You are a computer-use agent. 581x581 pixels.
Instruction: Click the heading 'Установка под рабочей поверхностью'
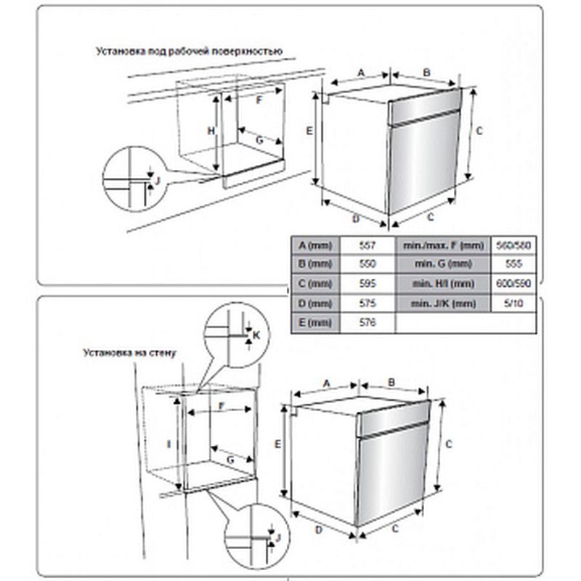pos(187,52)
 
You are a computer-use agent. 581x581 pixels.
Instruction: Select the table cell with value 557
pos(370,245)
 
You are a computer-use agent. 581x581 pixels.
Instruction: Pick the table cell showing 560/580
pos(516,245)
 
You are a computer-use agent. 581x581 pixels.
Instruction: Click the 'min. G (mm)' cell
pos(442,264)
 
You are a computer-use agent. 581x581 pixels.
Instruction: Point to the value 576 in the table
pos(370,323)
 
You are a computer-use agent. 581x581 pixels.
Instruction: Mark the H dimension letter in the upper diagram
pos(210,131)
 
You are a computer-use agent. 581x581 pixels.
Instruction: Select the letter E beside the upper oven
pos(309,131)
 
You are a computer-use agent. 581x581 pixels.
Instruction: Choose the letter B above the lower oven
pos(391,381)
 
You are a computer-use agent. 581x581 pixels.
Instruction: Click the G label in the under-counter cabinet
pos(259,138)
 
